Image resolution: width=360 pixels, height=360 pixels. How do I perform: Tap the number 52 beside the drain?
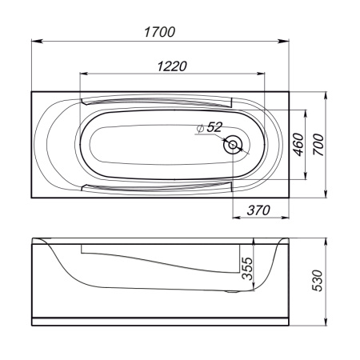tap(214, 127)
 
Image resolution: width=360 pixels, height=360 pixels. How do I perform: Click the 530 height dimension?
tap(318, 282)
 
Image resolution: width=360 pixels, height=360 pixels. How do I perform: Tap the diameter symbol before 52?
tap(200, 128)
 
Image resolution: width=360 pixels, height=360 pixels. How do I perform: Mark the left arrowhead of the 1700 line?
tap(34, 42)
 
